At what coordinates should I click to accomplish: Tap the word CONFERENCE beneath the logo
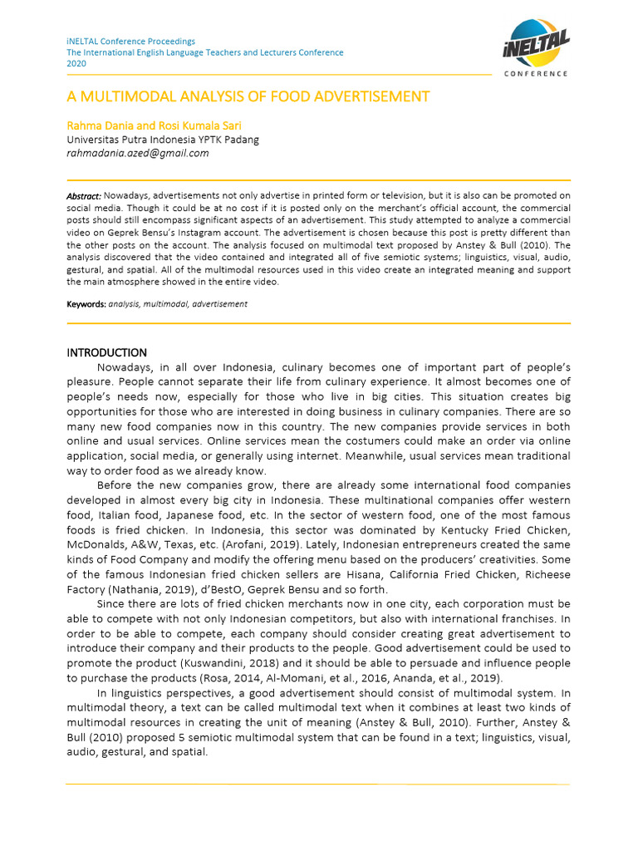[x=537, y=74]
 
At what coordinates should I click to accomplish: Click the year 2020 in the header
[x=76, y=64]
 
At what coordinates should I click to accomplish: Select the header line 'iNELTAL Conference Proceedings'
[x=130, y=41]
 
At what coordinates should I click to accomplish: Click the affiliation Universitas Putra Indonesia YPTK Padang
[x=162, y=140]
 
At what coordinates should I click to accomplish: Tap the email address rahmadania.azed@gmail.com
[x=137, y=153]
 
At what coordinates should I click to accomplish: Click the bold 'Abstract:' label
[x=84, y=195]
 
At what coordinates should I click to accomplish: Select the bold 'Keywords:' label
[x=86, y=304]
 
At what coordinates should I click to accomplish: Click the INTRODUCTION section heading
[x=106, y=352]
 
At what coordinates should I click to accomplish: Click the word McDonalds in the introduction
[x=102, y=544]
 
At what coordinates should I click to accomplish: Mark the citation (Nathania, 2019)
[x=146, y=589]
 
